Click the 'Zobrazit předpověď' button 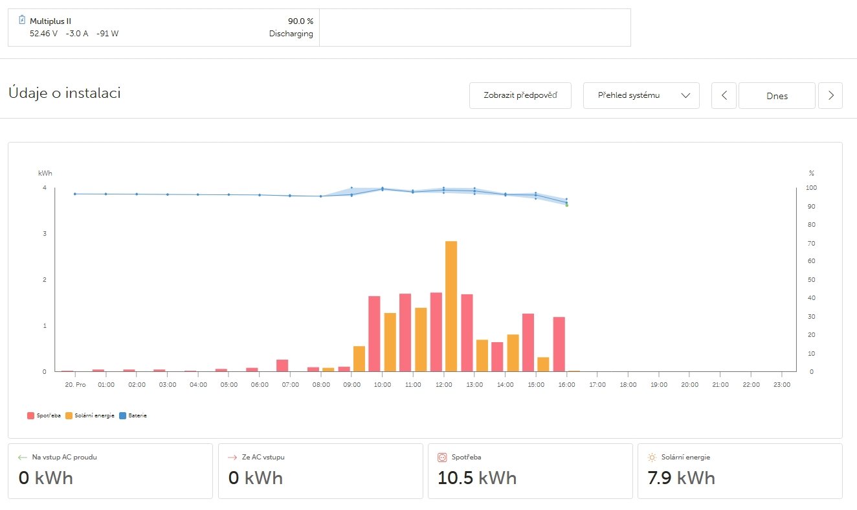click(520, 95)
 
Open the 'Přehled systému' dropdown click(641, 95)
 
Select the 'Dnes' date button click(777, 95)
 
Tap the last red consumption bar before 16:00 click(559, 344)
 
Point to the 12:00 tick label click(443, 384)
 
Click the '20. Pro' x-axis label click(76, 384)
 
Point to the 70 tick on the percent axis click(812, 243)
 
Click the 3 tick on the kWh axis click(45, 234)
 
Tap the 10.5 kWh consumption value click(477, 478)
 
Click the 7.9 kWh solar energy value click(681, 478)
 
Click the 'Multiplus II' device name click(50, 21)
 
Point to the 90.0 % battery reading click(300, 21)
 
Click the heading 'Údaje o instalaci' click(65, 93)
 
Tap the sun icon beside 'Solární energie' click(652, 457)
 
